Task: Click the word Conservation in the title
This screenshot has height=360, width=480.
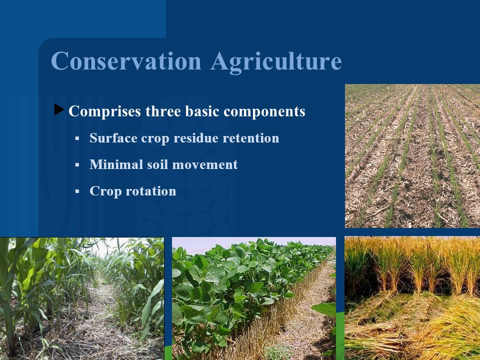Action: pos(126,60)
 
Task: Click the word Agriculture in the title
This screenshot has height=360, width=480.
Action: pos(276,62)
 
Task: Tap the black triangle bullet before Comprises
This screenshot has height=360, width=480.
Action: pos(59,109)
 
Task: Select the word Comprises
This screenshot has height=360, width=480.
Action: pos(104,111)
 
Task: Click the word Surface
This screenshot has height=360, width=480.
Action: pos(113,138)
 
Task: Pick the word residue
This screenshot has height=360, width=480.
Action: pos(196,138)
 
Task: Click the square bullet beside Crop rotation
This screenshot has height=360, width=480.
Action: pos(77,191)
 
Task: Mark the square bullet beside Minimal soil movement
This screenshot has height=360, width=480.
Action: pos(77,165)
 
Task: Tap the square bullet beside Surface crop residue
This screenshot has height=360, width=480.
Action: pos(77,138)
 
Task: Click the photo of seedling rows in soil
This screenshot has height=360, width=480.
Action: pos(412,156)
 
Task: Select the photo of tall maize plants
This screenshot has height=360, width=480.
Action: pos(82,298)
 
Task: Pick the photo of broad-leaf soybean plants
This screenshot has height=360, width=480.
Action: pos(254,298)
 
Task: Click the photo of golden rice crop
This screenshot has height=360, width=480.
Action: pos(412,298)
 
